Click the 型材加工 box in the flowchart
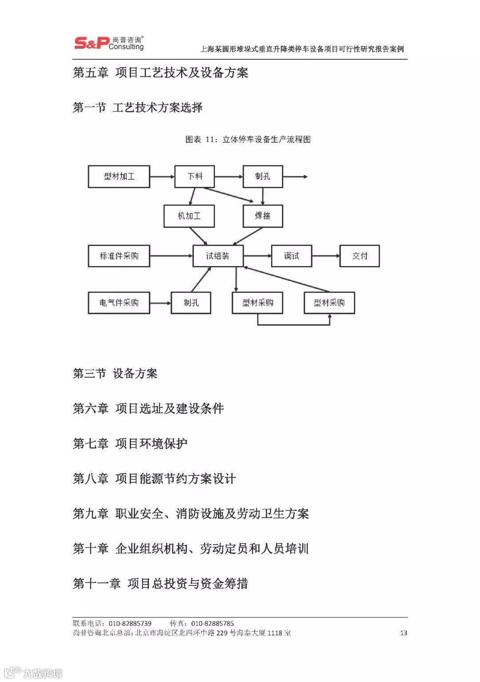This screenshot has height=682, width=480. (x=119, y=177)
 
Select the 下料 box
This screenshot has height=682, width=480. (x=194, y=177)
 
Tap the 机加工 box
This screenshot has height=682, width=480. (x=189, y=216)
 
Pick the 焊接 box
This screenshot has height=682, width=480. (x=263, y=216)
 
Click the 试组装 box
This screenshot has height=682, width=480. (x=218, y=256)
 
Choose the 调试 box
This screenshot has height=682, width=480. (x=292, y=256)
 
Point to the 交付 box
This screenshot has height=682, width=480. (x=360, y=256)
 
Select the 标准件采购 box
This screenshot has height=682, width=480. (x=119, y=256)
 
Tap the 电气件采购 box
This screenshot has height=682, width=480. (x=119, y=303)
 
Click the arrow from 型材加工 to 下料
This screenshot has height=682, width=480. (x=162, y=177)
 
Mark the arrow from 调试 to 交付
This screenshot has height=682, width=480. (x=326, y=256)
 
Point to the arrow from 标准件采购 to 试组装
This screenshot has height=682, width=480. (x=171, y=256)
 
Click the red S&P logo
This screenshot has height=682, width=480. (x=91, y=43)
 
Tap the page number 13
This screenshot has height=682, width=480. (x=404, y=633)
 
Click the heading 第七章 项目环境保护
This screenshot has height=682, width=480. (x=130, y=444)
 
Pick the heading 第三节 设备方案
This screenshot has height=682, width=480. (x=115, y=374)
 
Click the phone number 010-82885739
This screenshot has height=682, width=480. (x=130, y=623)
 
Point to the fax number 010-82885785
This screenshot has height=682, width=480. (x=212, y=623)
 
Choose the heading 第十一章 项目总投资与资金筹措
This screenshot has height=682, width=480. (x=160, y=584)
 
